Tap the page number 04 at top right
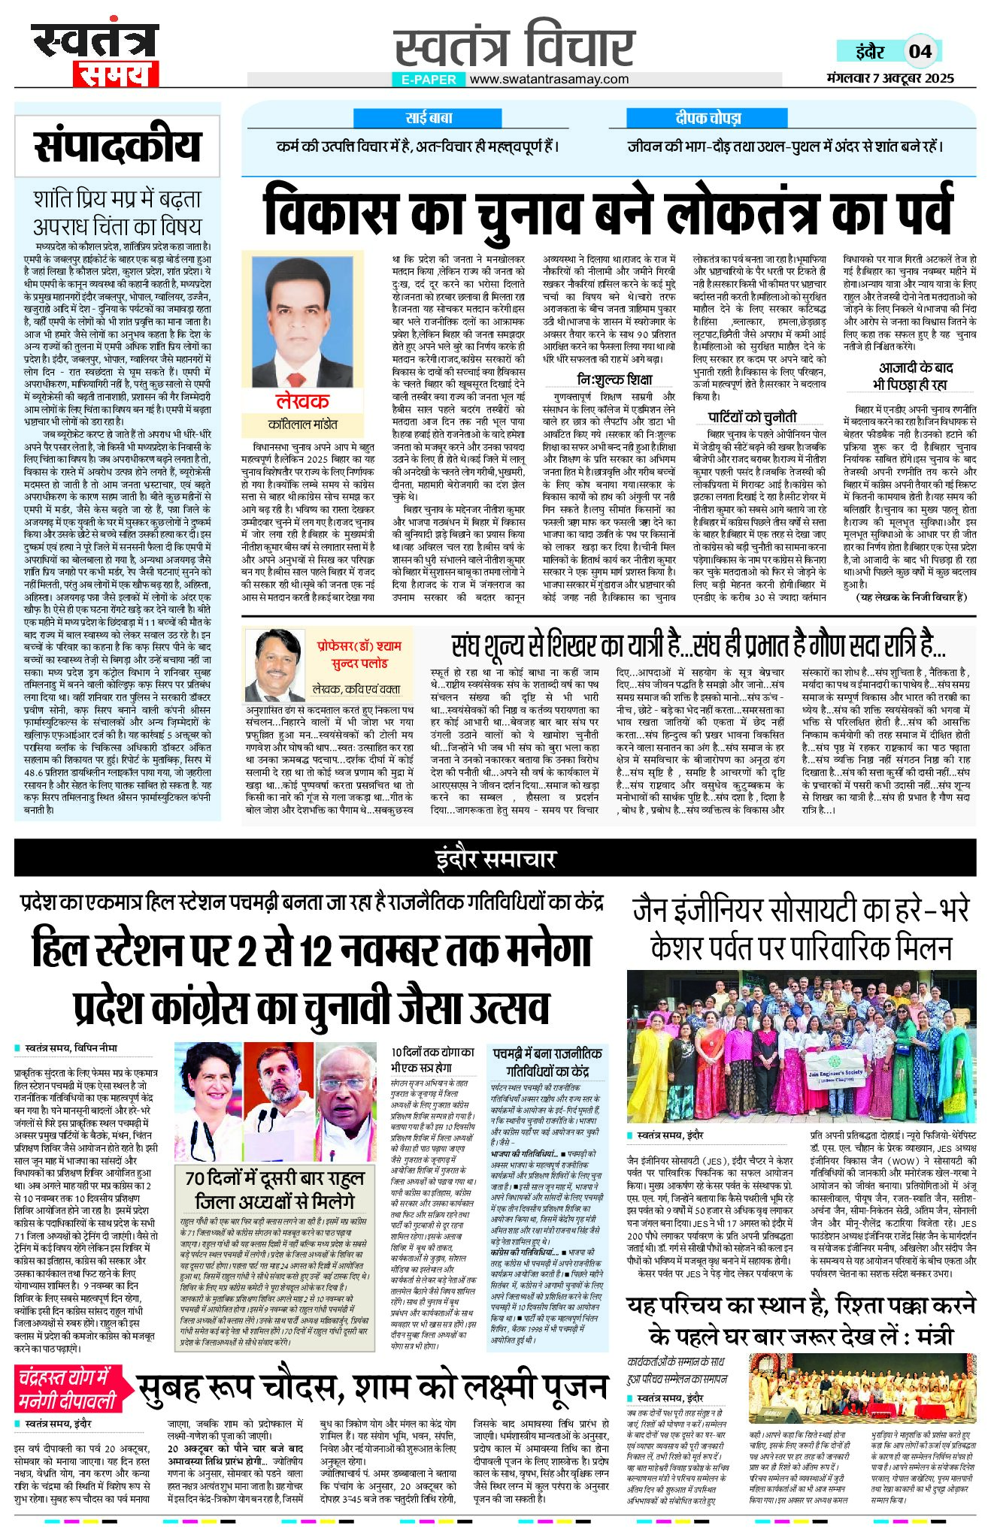click(920, 51)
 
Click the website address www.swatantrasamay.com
click(549, 79)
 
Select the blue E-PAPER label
click(429, 79)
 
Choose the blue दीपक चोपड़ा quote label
click(708, 118)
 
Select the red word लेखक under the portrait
click(302, 401)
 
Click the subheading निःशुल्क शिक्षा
click(614, 379)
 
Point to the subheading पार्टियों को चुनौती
click(751, 417)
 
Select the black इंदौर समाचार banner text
click(496, 859)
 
